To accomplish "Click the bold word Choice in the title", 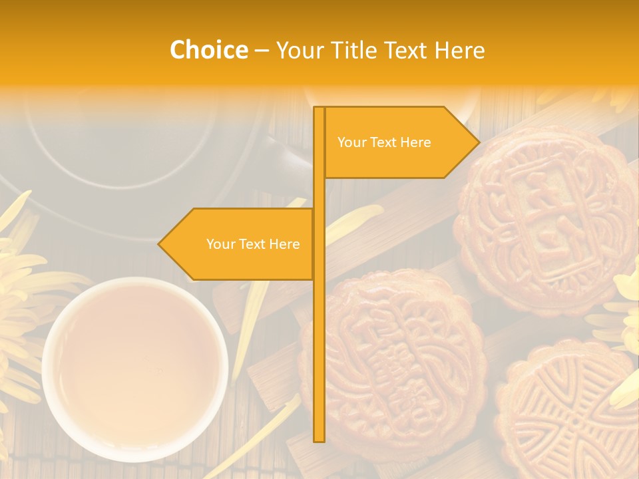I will click(208, 50).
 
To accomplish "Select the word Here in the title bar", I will click(459, 50).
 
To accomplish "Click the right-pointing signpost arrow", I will click(399, 142).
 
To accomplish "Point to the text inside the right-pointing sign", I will click(384, 142).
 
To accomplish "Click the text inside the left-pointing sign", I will click(253, 244).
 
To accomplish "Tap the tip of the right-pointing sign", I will click(478, 142).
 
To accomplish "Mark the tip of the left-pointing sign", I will click(160, 244).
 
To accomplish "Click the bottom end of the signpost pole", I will click(319, 439).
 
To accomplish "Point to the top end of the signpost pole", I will click(319, 109).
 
